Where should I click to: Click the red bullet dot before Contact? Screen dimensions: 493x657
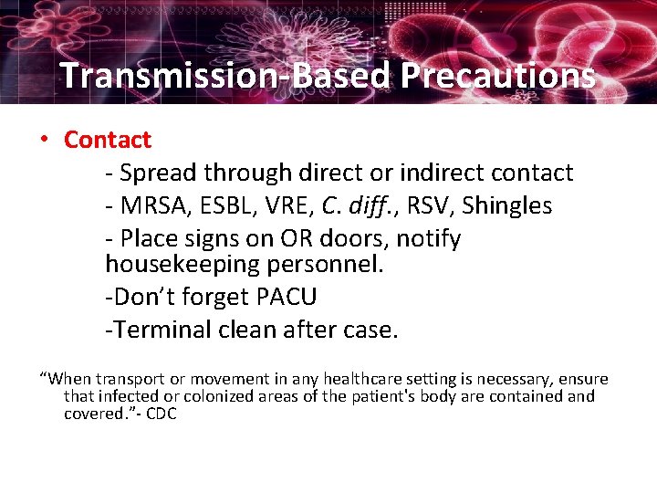pos(44,140)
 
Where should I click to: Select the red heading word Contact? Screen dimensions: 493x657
pos(107,140)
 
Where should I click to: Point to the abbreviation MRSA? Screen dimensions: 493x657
pos(150,205)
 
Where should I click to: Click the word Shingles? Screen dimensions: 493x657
pos(506,205)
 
